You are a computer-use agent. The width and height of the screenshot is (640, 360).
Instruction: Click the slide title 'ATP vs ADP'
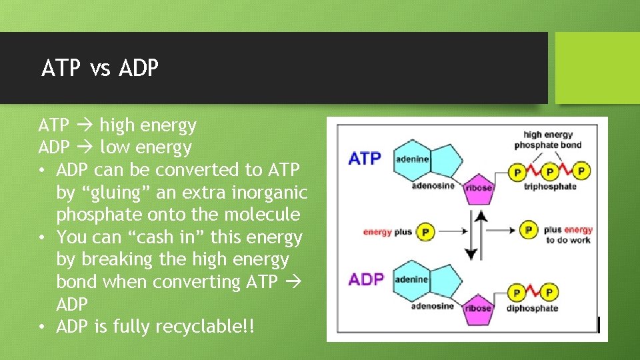(x=100, y=68)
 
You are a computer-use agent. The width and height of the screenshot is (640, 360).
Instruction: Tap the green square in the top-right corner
(x=597, y=68)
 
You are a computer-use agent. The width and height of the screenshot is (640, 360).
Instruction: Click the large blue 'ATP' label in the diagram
(x=365, y=159)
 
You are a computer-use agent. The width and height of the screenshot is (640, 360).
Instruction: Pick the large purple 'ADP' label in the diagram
(x=366, y=279)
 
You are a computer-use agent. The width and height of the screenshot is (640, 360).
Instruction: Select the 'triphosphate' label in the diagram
(x=550, y=187)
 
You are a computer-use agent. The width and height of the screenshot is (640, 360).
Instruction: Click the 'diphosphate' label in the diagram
(x=532, y=308)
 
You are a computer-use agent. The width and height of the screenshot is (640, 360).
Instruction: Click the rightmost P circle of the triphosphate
(x=582, y=171)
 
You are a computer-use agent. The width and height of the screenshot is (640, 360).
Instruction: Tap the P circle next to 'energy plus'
(x=425, y=232)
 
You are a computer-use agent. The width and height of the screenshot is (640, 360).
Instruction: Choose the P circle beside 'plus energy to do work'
(x=529, y=230)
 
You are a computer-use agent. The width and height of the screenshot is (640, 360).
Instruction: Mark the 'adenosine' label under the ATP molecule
(x=433, y=186)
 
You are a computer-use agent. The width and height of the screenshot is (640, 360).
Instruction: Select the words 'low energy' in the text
(x=145, y=147)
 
